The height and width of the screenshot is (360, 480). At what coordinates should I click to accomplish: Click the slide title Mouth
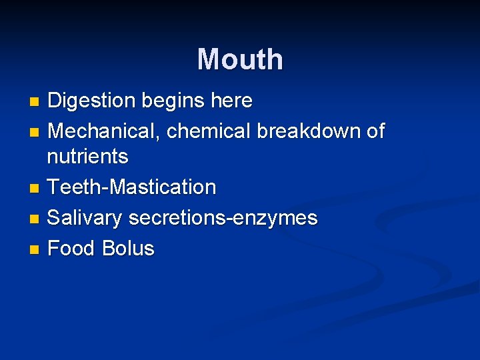pyautogui.click(x=240, y=59)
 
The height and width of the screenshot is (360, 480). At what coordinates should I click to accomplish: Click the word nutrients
pyautogui.click(x=87, y=157)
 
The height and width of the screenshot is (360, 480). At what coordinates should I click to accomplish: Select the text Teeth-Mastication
pyautogui.click(x=132, y=187)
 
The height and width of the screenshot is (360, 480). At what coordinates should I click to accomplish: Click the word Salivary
pyautogui.click(x=85, y=219)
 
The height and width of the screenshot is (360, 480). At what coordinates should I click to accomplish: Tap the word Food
pyautogui.click(x=72, y=249)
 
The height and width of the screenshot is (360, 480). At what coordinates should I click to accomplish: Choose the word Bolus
pyautogui.click(x=128, y=249)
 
